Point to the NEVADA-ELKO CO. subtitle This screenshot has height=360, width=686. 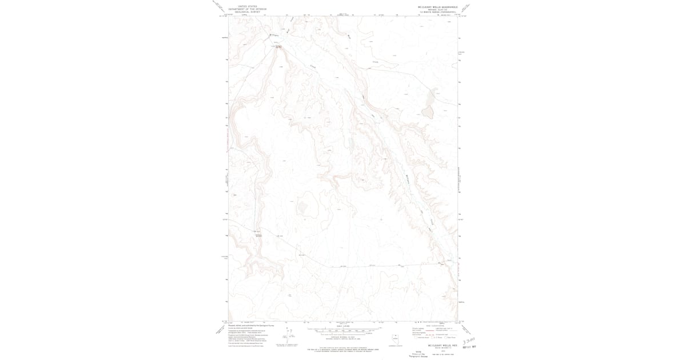tap(438, 10)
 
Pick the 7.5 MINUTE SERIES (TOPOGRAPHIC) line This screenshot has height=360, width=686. tap(438, 13)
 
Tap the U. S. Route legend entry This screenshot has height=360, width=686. tap(437, 338)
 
